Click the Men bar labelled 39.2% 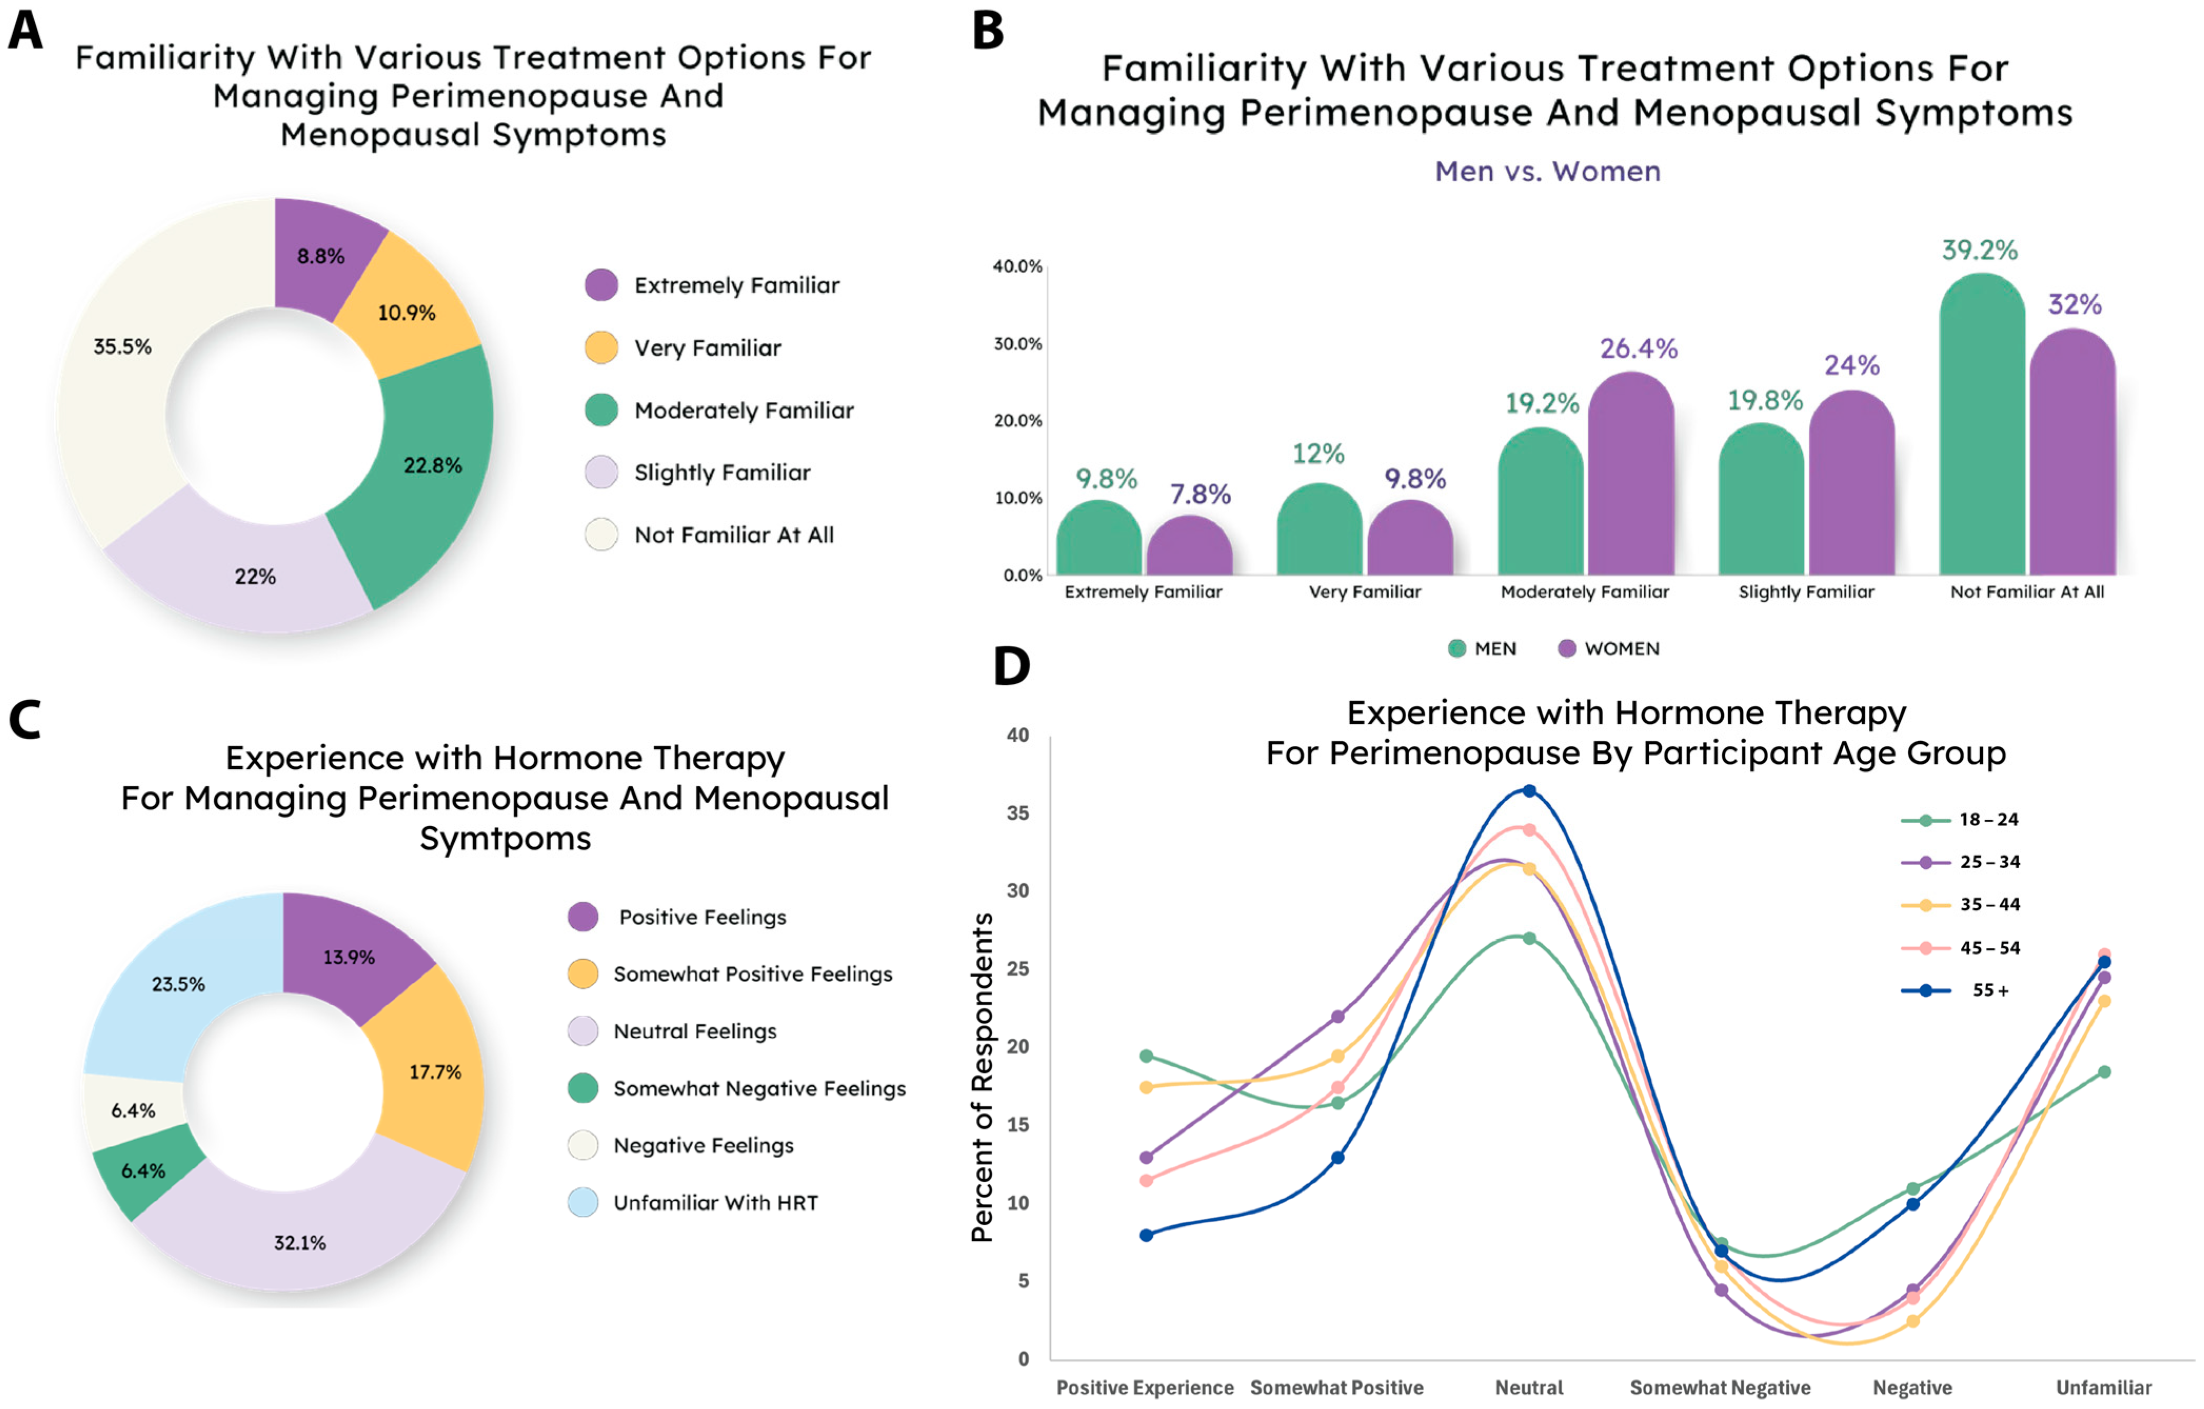[1981, 430]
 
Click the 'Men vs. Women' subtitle [1547, 171]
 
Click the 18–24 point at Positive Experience [1146, 1057]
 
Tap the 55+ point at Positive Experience [1146, 1235]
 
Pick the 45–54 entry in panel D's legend [1989, 948]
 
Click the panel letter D [1011, 667]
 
